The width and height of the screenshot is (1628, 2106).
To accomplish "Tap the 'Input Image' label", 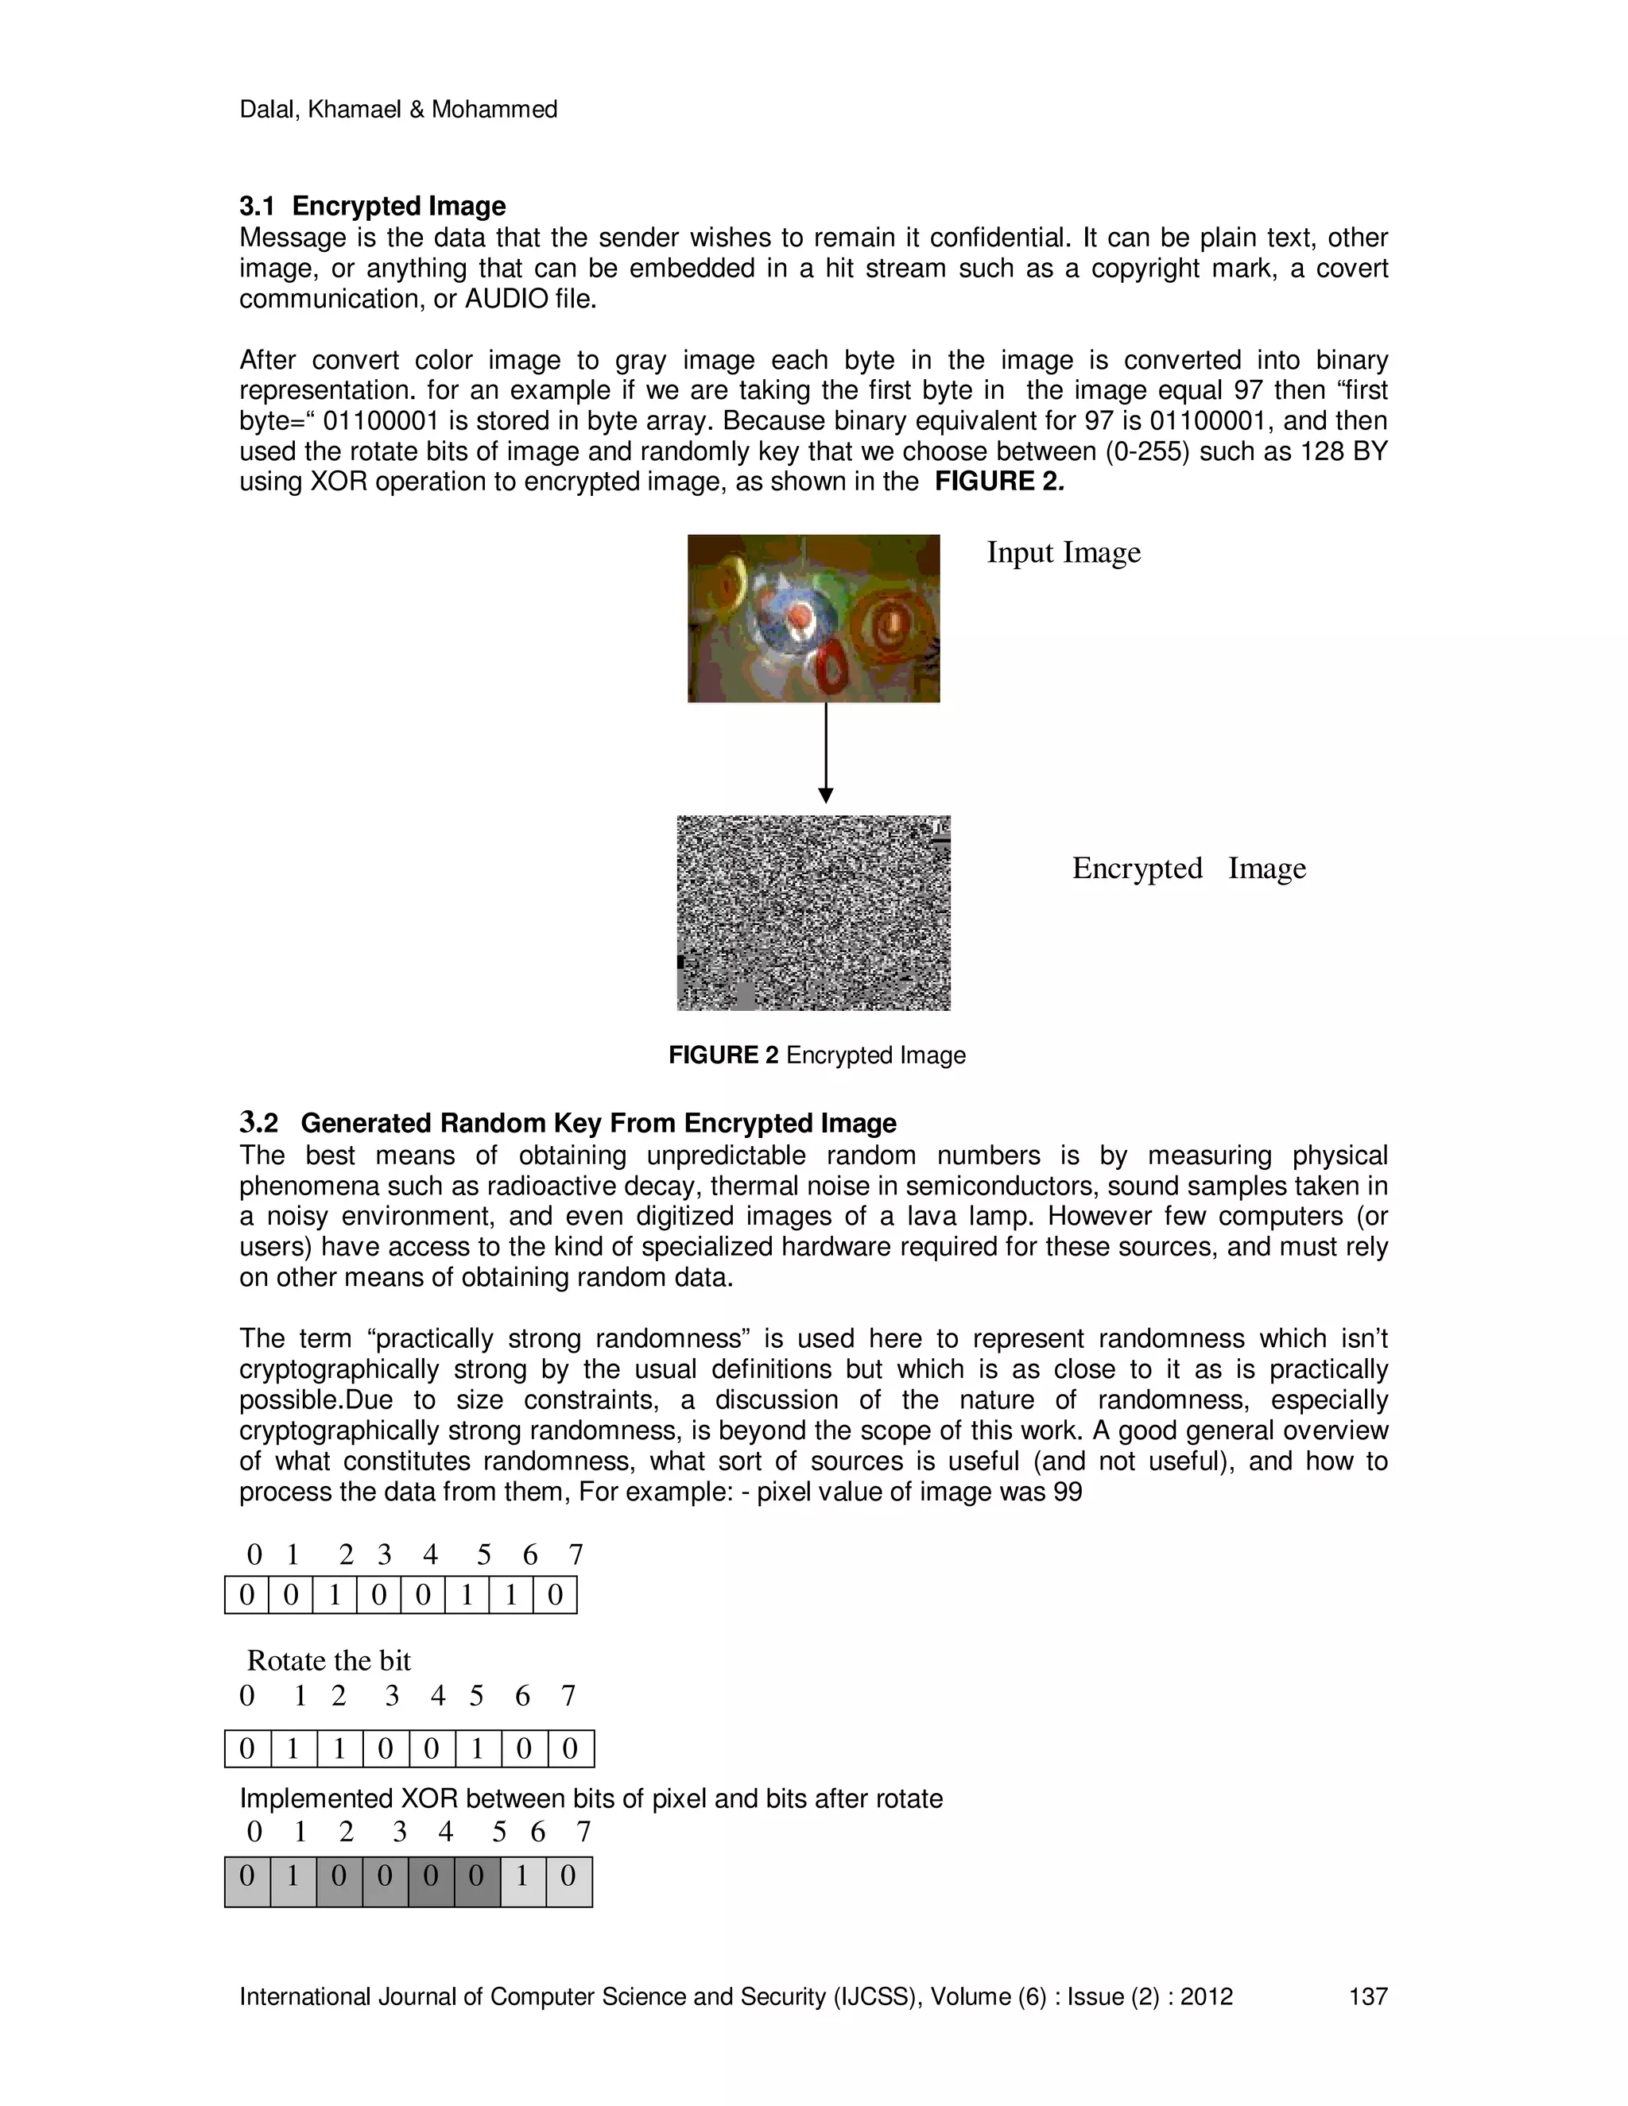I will click(x=1063, y=552).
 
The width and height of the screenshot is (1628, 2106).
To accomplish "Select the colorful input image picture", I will click(x=813, y=618).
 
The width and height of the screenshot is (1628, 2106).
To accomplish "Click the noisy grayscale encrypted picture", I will click(x=813, y=912).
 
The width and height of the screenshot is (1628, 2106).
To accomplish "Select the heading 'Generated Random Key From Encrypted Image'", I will click(x=598, y=1124).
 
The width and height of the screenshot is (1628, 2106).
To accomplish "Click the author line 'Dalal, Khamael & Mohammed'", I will click(x=398, y=110).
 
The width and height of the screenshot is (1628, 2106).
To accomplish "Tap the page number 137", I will click(x=1366, y=1996).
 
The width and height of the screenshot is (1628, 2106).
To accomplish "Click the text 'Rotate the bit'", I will click(x=329, y=1660).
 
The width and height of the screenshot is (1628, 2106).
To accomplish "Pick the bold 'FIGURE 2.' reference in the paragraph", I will click(x=998, y=482).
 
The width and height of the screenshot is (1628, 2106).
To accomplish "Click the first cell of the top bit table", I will click(x=247, y=1595).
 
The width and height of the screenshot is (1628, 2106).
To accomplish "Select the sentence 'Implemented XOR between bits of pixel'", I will click(x=591, y=1798).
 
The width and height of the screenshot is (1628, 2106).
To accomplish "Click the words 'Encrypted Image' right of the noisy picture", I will click(x=1188, y=868).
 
